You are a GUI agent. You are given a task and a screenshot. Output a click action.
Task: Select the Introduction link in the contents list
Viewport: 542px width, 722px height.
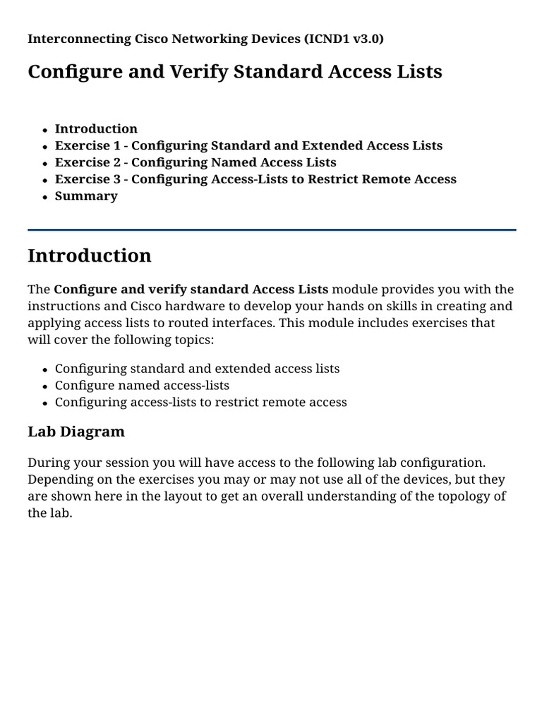(96, 128)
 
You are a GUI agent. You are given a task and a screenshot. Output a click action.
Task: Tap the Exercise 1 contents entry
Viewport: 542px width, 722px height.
(248, 145)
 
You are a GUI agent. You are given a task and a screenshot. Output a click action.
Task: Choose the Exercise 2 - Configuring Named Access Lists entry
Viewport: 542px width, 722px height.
(195, 162)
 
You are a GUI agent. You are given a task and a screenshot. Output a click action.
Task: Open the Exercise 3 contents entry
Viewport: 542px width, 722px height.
(255, 179)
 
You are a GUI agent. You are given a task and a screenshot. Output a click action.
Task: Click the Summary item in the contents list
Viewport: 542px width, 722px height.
(86, 196)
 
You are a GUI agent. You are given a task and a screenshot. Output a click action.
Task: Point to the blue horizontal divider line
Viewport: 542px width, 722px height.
(271, 230)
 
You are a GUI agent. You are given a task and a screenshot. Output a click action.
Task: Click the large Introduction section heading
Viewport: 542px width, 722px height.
(90, 255)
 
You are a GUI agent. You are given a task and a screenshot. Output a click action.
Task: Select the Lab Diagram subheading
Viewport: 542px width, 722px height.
(76, 432)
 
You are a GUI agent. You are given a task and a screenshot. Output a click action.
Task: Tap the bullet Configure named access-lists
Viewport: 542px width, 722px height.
(142, 385)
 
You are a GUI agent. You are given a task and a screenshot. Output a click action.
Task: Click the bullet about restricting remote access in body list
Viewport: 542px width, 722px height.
(200, 402)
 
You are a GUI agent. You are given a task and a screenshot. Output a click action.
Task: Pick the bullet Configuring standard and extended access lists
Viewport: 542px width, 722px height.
(197, 368)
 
